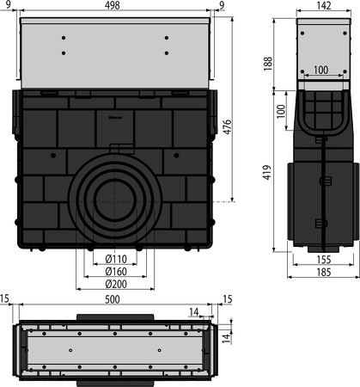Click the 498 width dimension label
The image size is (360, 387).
tap(112, 5)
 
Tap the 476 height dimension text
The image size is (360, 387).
tap(227, 126)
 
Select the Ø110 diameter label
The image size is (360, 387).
tap(116, 259)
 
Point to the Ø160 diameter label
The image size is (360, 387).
tap(116, 271)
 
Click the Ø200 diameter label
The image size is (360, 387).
tap(116, 284)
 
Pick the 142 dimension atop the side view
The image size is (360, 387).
tap(324, 5)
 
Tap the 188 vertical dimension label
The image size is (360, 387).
tap(268, 64)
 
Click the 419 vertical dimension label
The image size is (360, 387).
tap(267, 172)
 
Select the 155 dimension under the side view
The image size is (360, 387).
tap(324, 260)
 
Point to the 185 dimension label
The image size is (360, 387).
tap(324, 272)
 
